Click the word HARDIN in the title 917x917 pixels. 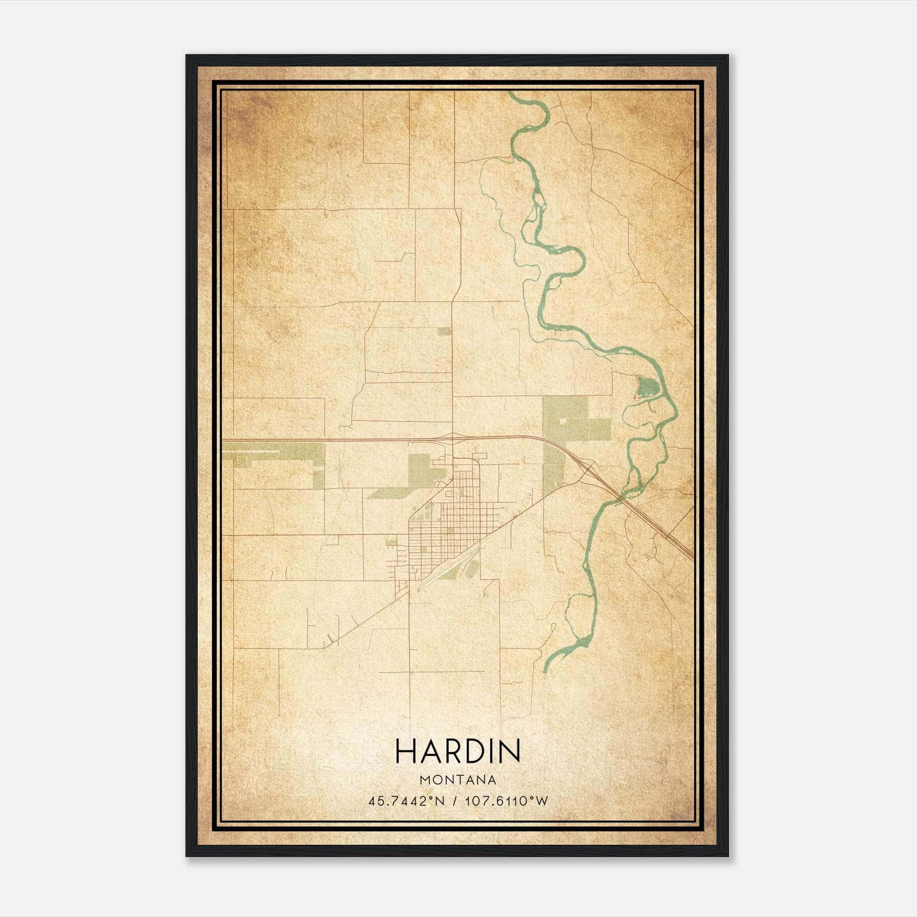point(458,751)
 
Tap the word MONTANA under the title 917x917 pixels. point(458,779)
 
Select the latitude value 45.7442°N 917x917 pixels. point(407,801)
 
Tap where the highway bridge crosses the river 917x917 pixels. point(620,499)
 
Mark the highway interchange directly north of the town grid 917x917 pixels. point(453,439)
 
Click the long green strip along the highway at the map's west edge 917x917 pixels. point(275,452)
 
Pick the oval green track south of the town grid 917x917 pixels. point(471,569)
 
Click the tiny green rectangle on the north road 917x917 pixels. point(444,331)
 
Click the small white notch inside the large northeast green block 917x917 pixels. point(565,421)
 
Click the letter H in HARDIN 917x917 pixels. point(405,751)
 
